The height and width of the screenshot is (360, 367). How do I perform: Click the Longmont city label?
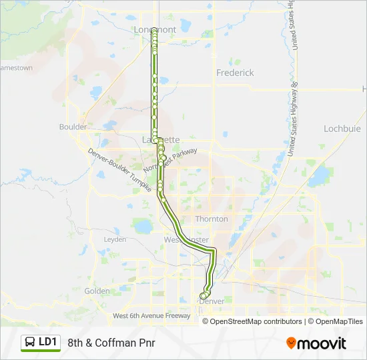pyautogui.click(x=154, y=30)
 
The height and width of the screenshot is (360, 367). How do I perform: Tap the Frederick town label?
pyautogui.click(x=235, y=73)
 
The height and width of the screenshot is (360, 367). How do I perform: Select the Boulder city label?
pyautogui.click(x=73, y=127)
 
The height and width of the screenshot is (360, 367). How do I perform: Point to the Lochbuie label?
pyautogui.click(x=342, y=128)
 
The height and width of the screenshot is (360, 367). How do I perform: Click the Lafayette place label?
pyautogui.click(x=161, y=139)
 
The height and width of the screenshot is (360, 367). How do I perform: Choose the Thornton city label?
pyautogui.click(x=211, y=219)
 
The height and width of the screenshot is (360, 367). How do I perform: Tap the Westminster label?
pyautogui.click(x=186, y=239)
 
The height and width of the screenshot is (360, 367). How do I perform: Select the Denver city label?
pyautogui.click(x=212, y=301)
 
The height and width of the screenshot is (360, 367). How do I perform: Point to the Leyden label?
pyautogui.click(x=115, y=238)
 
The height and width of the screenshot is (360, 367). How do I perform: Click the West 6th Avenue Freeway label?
pyautogui.click(x=152, y=315)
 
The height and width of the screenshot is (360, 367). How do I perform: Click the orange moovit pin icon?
pyautogui.click(x=291, y=343)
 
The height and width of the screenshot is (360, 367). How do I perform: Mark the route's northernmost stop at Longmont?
pyautogui.click(x=154, y=31)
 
